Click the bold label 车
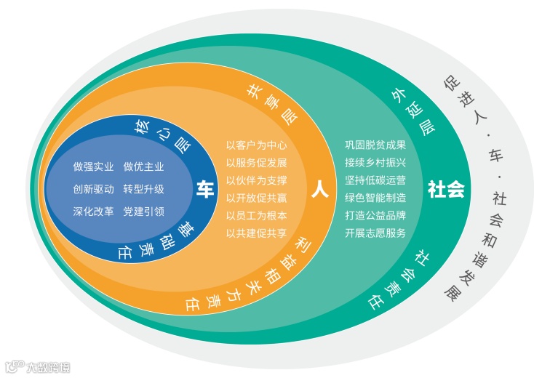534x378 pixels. click(204, 190)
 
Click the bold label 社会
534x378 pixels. click(446, 190)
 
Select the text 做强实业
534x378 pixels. click(93, 166)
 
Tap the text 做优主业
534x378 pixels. click(143, 166)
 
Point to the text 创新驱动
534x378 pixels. click(93, 189)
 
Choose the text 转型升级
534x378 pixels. click(143, 189)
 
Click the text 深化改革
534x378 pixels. click(93, 212)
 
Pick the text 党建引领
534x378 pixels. click(143, 212)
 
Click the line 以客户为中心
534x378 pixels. click(256, 145)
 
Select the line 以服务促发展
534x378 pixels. click(256, 163)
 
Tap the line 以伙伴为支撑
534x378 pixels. click(256, 180)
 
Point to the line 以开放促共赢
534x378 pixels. click(256, 198)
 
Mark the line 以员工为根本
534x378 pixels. click(256, 216)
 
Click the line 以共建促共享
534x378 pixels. click(256, 233)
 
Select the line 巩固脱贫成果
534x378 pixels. click(375, 145)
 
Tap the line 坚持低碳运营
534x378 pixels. click(375, 180)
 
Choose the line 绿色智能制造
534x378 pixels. click(375, 198)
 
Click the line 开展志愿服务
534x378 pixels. click(375, 233)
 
